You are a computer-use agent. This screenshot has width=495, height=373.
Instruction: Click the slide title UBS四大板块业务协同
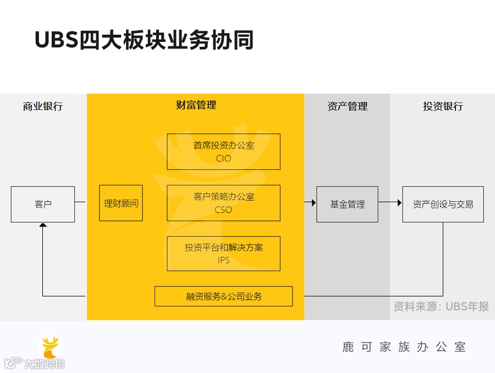144,40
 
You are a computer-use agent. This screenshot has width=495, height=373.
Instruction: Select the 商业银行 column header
43,106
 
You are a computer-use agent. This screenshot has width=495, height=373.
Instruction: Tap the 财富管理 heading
196,105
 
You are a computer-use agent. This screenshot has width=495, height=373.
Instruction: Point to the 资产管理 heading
347,106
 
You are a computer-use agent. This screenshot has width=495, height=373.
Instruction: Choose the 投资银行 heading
443,106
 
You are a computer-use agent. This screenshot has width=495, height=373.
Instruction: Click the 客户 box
43,204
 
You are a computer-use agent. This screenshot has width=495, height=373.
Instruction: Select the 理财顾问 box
121,203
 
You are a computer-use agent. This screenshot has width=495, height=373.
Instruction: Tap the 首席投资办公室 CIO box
223,152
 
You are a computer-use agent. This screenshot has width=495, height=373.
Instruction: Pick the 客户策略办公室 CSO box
223,203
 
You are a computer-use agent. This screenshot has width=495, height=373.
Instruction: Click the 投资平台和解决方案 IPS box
223,253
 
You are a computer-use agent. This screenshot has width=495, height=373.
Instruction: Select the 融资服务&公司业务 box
223,296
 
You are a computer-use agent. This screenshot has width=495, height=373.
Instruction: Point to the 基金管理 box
347,204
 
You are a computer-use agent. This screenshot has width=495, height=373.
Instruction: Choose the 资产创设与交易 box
443,204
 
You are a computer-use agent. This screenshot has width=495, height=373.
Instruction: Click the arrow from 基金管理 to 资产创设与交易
390,203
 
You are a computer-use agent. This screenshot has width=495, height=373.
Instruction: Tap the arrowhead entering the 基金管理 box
313,203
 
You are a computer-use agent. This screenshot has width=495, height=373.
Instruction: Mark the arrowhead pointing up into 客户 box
43,225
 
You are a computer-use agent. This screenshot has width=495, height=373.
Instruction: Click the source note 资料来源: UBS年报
441,306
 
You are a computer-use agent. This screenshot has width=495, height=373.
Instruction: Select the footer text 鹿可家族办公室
404,347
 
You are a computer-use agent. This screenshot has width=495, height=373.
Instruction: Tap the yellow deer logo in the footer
52,348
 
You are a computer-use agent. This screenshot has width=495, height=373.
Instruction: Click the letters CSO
223,210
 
